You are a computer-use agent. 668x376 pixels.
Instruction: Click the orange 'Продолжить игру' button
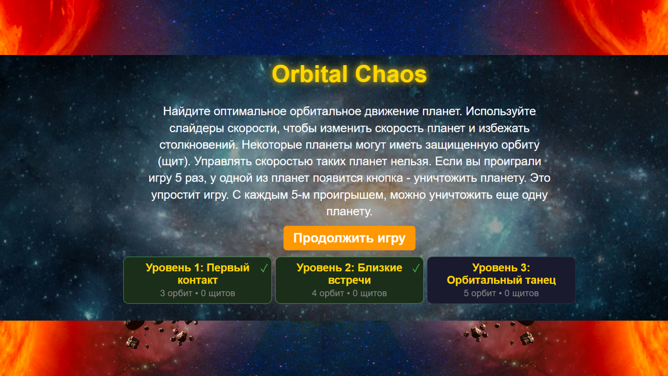pyautogui.click(x=349, y=238)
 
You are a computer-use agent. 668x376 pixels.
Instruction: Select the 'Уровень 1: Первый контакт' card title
pyautogui.click(x=197, y=274)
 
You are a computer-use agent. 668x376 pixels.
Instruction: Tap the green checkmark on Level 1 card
pyautogui.click(x=264, y=268)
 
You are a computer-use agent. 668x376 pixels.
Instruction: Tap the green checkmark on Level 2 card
pyautogui.click(x=416, y=268)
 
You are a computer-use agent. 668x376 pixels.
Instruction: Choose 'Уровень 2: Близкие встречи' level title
pyautogui.click(x=349, y=274)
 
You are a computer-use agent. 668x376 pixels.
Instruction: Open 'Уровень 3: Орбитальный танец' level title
pyautogui.click(x=501, y=274)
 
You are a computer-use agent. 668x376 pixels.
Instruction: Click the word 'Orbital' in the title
pyautogui.click(x=309, y=74)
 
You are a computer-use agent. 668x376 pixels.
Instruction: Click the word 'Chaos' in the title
pyautogui.click(x=391, y=74)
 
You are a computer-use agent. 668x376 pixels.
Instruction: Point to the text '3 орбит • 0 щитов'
pyautogui.click(x=197, y=293)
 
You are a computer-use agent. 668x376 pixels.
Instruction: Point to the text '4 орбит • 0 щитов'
pyautogui.click(x=349, y=293)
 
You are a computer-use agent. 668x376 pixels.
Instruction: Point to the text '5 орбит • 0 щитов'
pyautogui.click(x=501, y=293)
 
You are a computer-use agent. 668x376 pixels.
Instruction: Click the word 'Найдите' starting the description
pyautogui.click(x=186, y=111)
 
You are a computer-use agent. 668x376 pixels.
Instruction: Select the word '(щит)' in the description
pyautogui.click(x=174, y=162)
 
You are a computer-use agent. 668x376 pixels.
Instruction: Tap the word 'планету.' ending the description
pyautogui.click(x=349, y=211)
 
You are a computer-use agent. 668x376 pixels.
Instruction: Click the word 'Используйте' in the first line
pyautogui.click(x=501, y=111)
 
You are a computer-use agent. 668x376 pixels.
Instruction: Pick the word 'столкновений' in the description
pyautogui.click(x=198, y=145)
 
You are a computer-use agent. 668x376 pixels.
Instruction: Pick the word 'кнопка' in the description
pyautogui.click(x=385, y=178)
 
